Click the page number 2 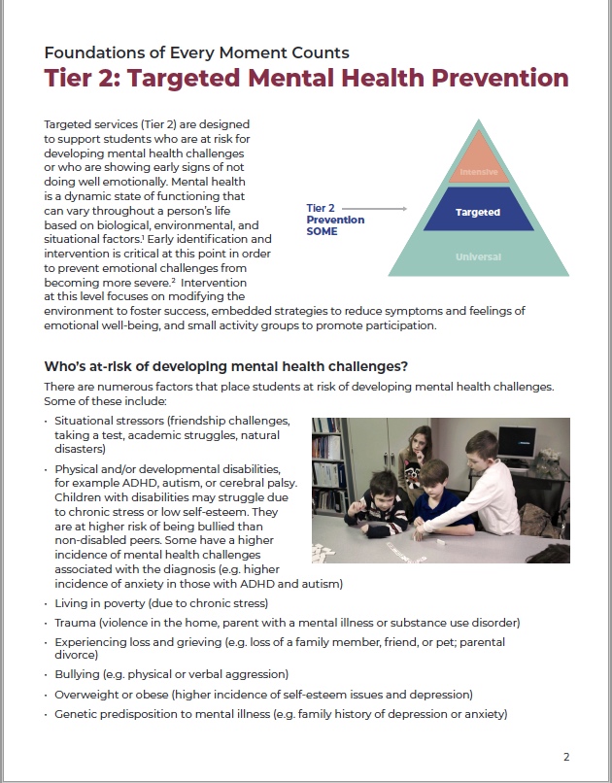566,756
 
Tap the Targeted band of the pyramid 477,212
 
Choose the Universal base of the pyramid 477,256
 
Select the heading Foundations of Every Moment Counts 197,51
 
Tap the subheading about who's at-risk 225,366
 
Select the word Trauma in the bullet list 77,622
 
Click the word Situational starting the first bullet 87,420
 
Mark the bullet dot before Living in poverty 47,603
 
